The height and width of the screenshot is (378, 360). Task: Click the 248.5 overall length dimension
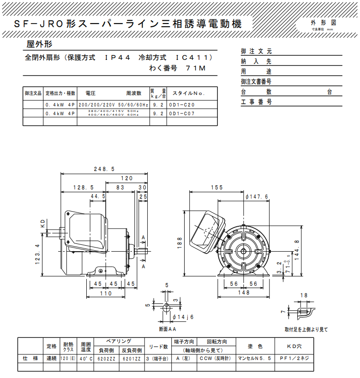104,169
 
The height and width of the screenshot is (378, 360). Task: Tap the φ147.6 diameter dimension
257,197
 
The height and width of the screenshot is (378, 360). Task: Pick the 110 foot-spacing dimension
106,293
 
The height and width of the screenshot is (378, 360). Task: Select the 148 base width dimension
243,292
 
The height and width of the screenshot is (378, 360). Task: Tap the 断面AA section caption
168,329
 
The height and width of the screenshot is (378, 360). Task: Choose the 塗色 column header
255,346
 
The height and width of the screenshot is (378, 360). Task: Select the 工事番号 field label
257,102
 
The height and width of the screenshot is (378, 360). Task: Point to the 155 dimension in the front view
216,188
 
